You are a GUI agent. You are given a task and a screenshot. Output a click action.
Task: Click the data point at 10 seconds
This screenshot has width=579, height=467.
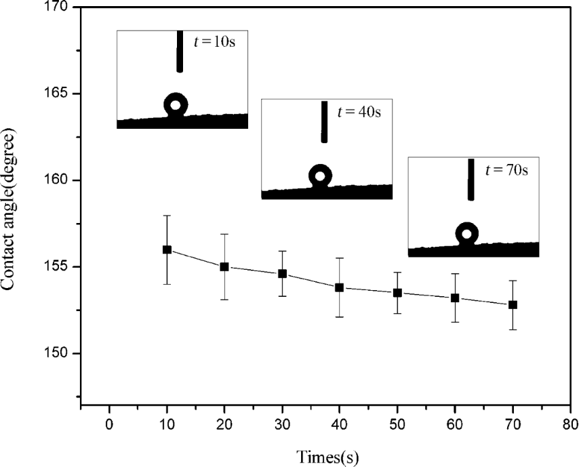[x=167, y=249]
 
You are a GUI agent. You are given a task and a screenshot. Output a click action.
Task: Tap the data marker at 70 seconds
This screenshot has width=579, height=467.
[x=513, y=305]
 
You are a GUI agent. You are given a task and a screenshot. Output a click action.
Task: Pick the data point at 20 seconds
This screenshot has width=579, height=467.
[x=224, y=266]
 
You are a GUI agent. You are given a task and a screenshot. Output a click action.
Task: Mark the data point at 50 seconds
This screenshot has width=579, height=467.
[x=397, y=293]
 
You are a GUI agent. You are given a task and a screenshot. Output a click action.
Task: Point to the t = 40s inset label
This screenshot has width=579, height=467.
[x=359, y=110]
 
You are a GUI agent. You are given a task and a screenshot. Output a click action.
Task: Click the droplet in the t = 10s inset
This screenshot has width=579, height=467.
[x=176, y=105]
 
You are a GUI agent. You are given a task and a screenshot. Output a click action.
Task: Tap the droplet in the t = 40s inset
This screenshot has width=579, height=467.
[x=320, y=176]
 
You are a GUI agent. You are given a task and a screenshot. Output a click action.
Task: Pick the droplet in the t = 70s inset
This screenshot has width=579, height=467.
[x=466, y=234]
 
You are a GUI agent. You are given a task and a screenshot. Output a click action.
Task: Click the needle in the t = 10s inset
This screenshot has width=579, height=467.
[x=180, y=51]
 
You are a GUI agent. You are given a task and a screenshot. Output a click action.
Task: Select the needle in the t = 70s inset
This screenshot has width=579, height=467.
[x=471, y=179]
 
